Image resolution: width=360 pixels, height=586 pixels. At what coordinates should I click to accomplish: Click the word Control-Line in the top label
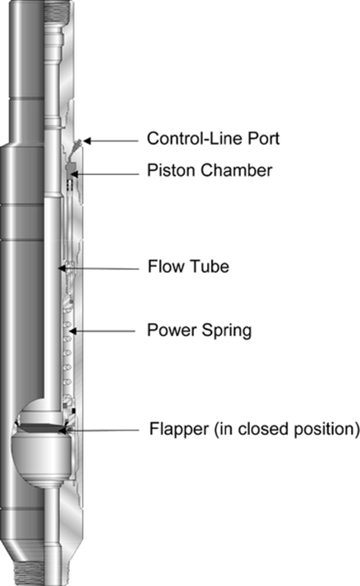[x=191, y=138]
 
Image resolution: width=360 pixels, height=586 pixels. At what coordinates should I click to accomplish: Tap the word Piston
[x=171, y=170]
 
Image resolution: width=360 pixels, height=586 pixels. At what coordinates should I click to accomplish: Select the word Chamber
[x=236, y=170]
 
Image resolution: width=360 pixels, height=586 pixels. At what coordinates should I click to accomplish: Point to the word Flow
[x=166, y=266]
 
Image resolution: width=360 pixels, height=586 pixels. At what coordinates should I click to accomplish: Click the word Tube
[x=210, y=266]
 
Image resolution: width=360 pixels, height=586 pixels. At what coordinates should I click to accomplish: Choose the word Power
[x=172, y=330]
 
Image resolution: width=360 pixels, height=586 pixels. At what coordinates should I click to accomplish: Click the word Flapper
[x=179, y=429]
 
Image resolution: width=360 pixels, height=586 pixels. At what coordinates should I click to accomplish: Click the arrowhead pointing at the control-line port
[x=86, y=141]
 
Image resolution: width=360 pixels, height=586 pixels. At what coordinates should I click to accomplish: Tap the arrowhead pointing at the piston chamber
[x=74, y=173]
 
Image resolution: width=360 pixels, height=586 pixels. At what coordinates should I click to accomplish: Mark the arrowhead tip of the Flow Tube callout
[x=58, y=268]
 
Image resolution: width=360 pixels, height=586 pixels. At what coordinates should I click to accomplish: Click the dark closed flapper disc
[x=41, y=428]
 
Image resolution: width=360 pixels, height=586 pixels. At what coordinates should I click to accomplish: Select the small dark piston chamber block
[x=71, y=166]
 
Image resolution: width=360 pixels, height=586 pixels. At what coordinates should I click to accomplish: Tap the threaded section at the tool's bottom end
[x=29, y=573]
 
